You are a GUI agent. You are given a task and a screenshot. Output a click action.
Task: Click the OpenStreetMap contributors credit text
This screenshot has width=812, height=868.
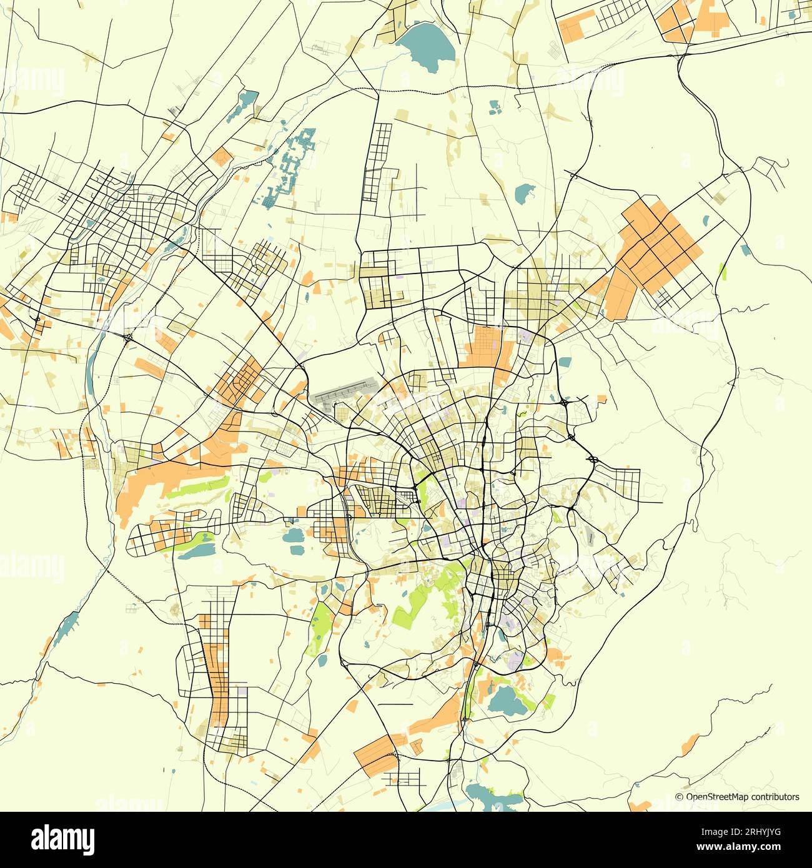pos(742,797)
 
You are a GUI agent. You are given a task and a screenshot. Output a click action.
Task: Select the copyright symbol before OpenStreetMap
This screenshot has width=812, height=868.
pos(680,797)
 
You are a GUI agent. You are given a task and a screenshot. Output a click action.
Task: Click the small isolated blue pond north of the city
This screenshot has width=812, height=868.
pos(524,194)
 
